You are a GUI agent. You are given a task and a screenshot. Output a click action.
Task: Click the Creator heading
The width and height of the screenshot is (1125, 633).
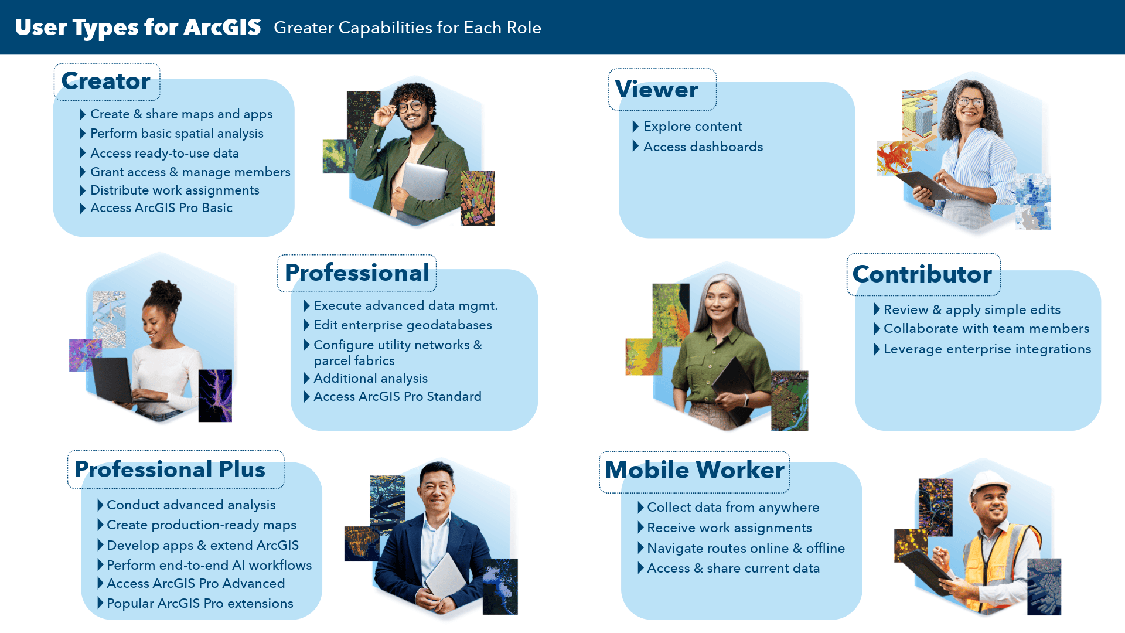pos(106,81)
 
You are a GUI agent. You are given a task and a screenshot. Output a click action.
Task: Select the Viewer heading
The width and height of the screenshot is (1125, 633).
pos(656,89)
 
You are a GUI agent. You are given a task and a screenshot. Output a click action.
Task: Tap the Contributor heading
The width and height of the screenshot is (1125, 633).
pos(922,274)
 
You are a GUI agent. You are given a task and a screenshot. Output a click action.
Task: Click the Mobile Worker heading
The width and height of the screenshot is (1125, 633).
pos(694,470)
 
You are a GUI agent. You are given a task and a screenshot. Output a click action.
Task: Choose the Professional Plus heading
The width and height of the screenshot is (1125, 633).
pos(170,469)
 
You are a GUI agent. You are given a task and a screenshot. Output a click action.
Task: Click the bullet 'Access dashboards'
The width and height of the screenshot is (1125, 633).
pos(703,147)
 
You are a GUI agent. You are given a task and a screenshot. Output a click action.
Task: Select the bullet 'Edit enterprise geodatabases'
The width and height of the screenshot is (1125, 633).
pos(403,325)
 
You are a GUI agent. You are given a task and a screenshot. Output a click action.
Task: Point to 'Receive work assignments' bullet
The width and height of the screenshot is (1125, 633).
pos(729,528)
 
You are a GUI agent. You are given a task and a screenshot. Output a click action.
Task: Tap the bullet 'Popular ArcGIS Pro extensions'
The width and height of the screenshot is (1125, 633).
pos(200,604)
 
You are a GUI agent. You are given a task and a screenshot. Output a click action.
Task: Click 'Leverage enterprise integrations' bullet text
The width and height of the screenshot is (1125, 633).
pos(987,349)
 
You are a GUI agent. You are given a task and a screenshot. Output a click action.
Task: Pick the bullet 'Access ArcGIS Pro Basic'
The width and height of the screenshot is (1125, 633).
pos(161,208)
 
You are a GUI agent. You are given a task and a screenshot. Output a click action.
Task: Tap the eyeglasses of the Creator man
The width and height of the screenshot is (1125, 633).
pos(410,107)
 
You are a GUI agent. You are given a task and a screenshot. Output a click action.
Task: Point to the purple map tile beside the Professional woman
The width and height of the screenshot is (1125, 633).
pos(85,355)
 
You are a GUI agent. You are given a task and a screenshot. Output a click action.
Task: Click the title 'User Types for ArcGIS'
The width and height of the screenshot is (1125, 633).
pos(138,28)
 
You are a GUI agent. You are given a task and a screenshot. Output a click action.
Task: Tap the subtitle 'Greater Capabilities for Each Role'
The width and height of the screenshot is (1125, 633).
pos(407,28)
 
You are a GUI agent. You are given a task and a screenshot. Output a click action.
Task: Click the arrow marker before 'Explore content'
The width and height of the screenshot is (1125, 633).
pos(635,127)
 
